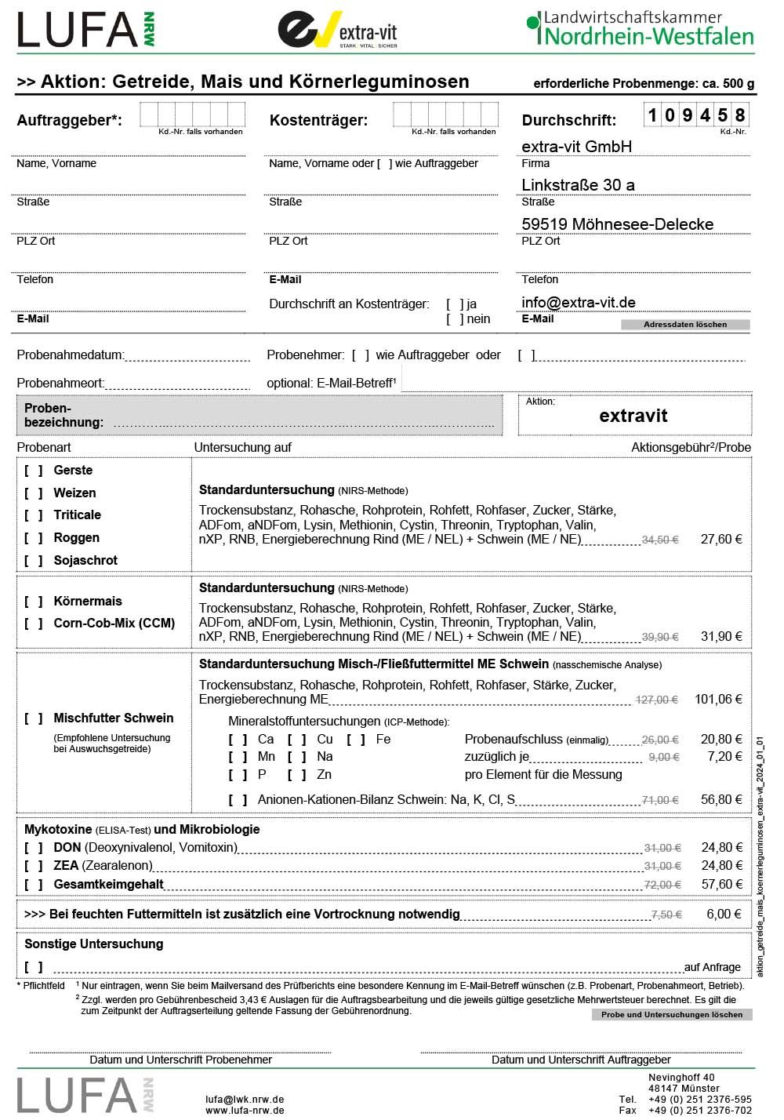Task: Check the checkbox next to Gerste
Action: click(x=34, y=471)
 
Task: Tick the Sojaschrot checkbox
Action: click(x=34, y=561)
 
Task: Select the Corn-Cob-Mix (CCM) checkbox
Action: click(x=34, y=624)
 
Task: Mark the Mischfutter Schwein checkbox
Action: click(x=34, y=718)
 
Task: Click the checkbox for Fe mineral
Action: click(x=356, y=740)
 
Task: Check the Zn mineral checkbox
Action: click(x=297, y=775)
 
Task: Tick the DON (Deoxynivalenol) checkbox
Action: click(x=34, y=848)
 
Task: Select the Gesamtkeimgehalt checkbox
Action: click(x=34, y=885)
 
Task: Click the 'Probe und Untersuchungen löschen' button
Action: click(x=672, y=1015)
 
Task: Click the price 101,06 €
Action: click(x=718, y=700)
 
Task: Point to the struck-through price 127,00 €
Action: click(x=657, y=700)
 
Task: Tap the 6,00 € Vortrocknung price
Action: click(x=724, y=915)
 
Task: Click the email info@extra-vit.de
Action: click(x=579, y=303)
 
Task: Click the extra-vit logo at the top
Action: click(x=338, y=30)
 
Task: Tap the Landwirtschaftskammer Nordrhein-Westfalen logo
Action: click(x=641, y=28)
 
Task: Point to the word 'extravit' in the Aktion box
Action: click(x=633, y=416)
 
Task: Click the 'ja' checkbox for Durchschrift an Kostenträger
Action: click(x=455, y=304)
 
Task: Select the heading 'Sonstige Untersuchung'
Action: click(x=94, y=944)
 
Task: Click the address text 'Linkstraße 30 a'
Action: click(x=579, y=185)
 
